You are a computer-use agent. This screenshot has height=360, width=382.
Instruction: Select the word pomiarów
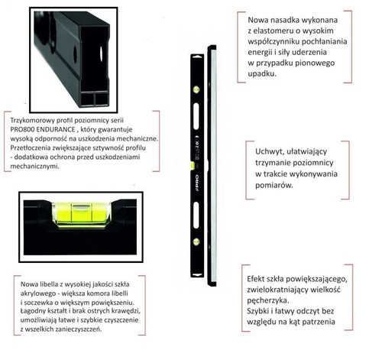pos(277,186)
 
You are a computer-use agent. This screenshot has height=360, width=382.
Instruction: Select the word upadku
pos(264,74)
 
